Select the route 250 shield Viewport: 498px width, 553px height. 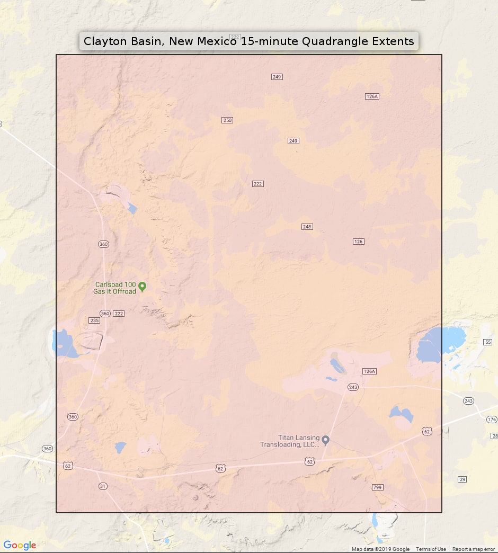[227, 120]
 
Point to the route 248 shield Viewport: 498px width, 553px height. [307, 227]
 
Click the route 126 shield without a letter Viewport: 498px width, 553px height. [359, 242]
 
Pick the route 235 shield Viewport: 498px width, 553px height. [94, 320]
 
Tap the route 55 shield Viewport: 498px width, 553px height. [488, 342]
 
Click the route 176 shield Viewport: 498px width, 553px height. [492, 420]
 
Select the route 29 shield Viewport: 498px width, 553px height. [463, 479]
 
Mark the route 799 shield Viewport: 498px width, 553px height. [377, 487]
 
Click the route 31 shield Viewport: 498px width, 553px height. [103, 486]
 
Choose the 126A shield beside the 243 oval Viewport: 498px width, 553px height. [369, 371]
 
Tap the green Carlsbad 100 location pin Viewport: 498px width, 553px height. [142, 287]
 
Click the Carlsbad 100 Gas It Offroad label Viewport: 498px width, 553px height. [115, 288]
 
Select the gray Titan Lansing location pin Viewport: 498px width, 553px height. [326, 440]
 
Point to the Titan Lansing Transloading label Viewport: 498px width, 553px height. [290, 441]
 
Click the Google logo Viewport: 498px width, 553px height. [20, 546]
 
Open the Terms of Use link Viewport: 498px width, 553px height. [431, 549]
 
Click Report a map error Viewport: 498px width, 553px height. [474, 549]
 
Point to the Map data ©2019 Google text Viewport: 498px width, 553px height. [380, 549]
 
